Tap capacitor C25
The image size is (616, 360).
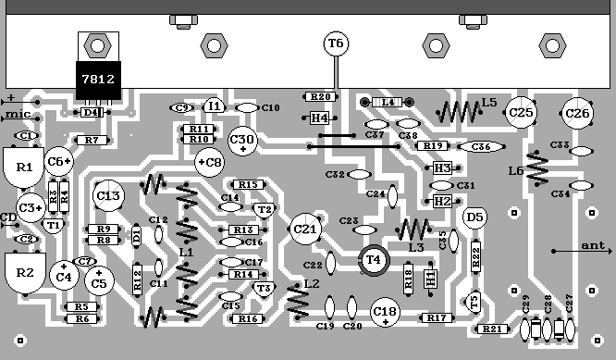point(521,113)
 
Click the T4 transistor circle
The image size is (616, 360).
point(373,260)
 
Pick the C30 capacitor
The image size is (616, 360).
point(243,138)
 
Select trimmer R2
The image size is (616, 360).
point(24,273)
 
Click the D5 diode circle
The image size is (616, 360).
point(474,217)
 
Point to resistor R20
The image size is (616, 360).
point(320,96)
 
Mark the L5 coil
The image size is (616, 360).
point(460,111)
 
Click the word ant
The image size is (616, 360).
point(592,245)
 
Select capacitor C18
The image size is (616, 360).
point(385,312)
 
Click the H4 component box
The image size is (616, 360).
point(319,118)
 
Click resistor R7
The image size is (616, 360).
point(91,141)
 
